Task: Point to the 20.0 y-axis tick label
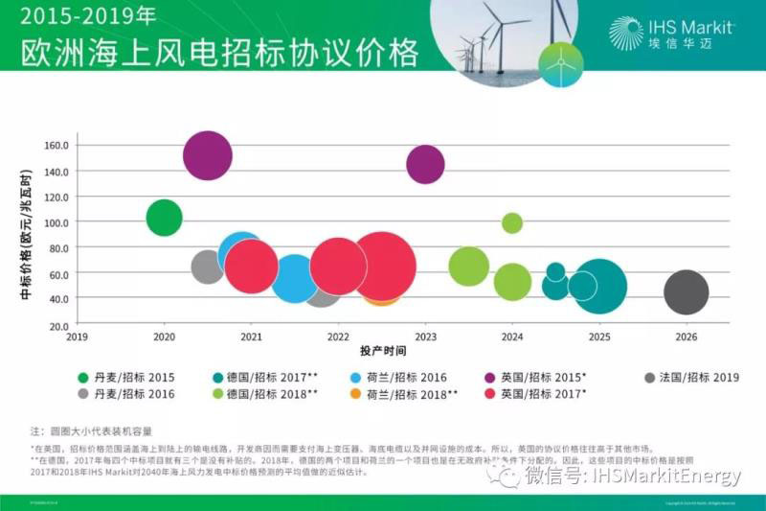click(x=57, y=325)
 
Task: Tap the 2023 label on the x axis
click(x=425, y=337)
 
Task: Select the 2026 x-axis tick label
click(x=686, y=337)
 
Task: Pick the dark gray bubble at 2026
click(x=686, y=292)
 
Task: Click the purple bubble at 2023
click(x=425, y=164)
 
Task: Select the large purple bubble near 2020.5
click(x=208, y=155)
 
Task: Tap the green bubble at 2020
click(x=165, y=218)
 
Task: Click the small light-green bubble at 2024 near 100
click(x=512, y=223)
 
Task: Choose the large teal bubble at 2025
click(x=598, y=286)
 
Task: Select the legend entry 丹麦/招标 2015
click(x=139, y=378)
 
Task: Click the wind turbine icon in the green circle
click(x=560, y=64)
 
